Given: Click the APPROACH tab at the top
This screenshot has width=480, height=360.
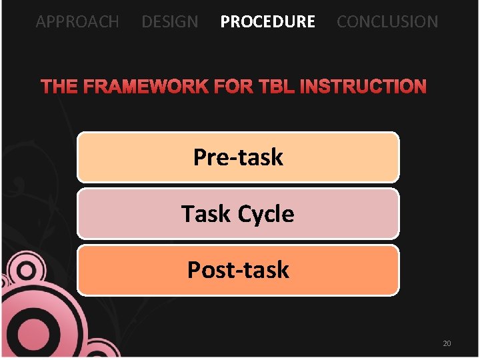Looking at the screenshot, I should pos(77,21).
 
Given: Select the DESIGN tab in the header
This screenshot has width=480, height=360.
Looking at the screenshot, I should pos(169,21).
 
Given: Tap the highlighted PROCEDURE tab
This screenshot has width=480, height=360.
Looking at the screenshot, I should pos(267,21).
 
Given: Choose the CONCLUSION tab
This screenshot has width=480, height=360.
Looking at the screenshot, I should pos(387,21).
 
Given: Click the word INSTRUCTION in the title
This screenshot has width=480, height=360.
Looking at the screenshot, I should pos(363,87).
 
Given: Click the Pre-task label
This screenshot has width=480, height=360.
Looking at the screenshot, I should pos(238,157).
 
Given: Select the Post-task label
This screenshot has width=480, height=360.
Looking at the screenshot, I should pos(238,270).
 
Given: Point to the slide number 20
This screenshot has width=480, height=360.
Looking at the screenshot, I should pos(447,343).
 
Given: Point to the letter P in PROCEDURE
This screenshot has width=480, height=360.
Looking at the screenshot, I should pos(225,21).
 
